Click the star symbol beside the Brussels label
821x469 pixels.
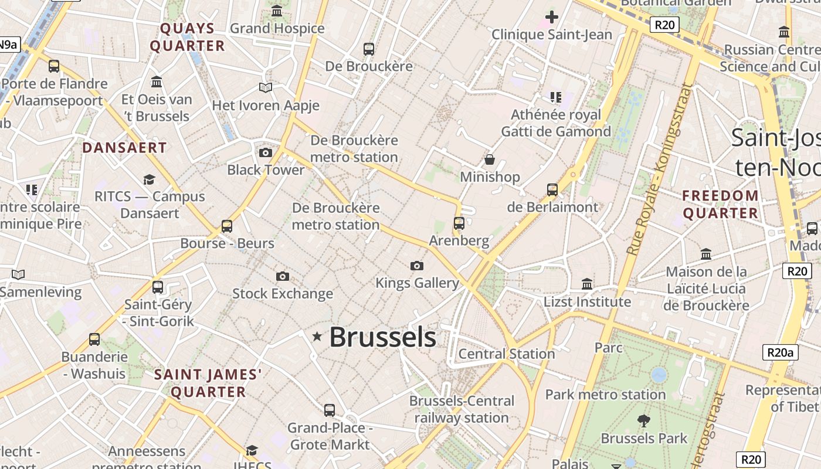tap(317, 337)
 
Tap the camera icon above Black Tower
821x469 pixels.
tap(266, 153)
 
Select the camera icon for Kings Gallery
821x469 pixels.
tap(417, 266)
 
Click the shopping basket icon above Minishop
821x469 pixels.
tap(490, 159)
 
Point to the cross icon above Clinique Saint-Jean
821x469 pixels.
tap(551, 17)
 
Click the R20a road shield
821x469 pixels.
tap(781, 352)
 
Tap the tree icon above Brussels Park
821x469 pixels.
tap(644, 420)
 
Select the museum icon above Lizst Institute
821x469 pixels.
tap(587, 284)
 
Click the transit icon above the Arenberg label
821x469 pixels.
tap(459, 223)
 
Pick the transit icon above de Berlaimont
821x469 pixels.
tap(552, 189)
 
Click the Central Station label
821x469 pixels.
tap(506, 354)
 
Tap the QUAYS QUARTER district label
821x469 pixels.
tap(188, 37)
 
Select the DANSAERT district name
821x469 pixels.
tap(124, 148)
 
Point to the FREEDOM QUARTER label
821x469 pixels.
tap(721, 204)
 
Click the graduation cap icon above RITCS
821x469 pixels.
tap(150, 179)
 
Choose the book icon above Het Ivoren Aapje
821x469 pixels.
tap(266, 88)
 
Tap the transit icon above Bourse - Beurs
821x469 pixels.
tap(227, 226)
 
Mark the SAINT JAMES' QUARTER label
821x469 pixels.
tap(208, 383)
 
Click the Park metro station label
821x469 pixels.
tap(605, 395)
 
